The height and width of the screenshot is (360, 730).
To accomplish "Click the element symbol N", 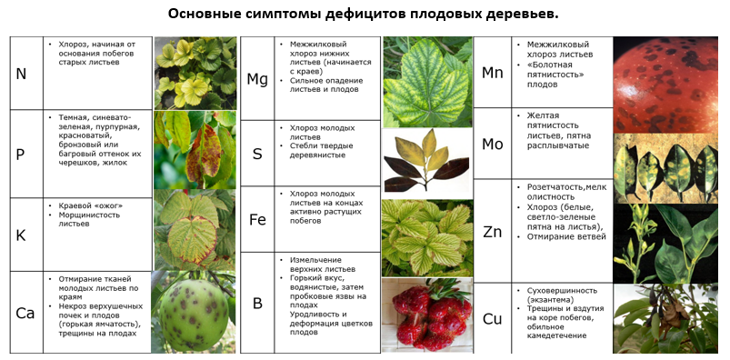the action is [21, 74].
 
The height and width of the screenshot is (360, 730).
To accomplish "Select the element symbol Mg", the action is [257, 80].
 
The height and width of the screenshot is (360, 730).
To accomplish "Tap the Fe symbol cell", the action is [257, 219].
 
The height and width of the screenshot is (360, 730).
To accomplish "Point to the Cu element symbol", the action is [492, 319].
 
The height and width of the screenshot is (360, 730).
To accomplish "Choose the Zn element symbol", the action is [492, 232].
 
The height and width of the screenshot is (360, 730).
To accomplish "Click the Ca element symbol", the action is [25, 313].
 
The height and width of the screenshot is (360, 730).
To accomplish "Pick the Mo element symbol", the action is [492, 145].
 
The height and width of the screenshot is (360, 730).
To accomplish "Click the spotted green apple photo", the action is [194, 311].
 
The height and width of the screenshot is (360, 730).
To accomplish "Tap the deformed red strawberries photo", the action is [427, 315].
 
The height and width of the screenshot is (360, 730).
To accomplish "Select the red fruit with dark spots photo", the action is [665, 85].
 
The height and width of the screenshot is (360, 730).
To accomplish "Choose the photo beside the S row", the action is [427, 161].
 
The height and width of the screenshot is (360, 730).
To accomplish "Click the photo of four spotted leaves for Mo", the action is [665, 168].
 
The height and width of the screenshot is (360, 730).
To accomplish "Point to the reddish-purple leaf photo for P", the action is [195, 149].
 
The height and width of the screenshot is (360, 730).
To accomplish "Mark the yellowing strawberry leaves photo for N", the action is [195, 73].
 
